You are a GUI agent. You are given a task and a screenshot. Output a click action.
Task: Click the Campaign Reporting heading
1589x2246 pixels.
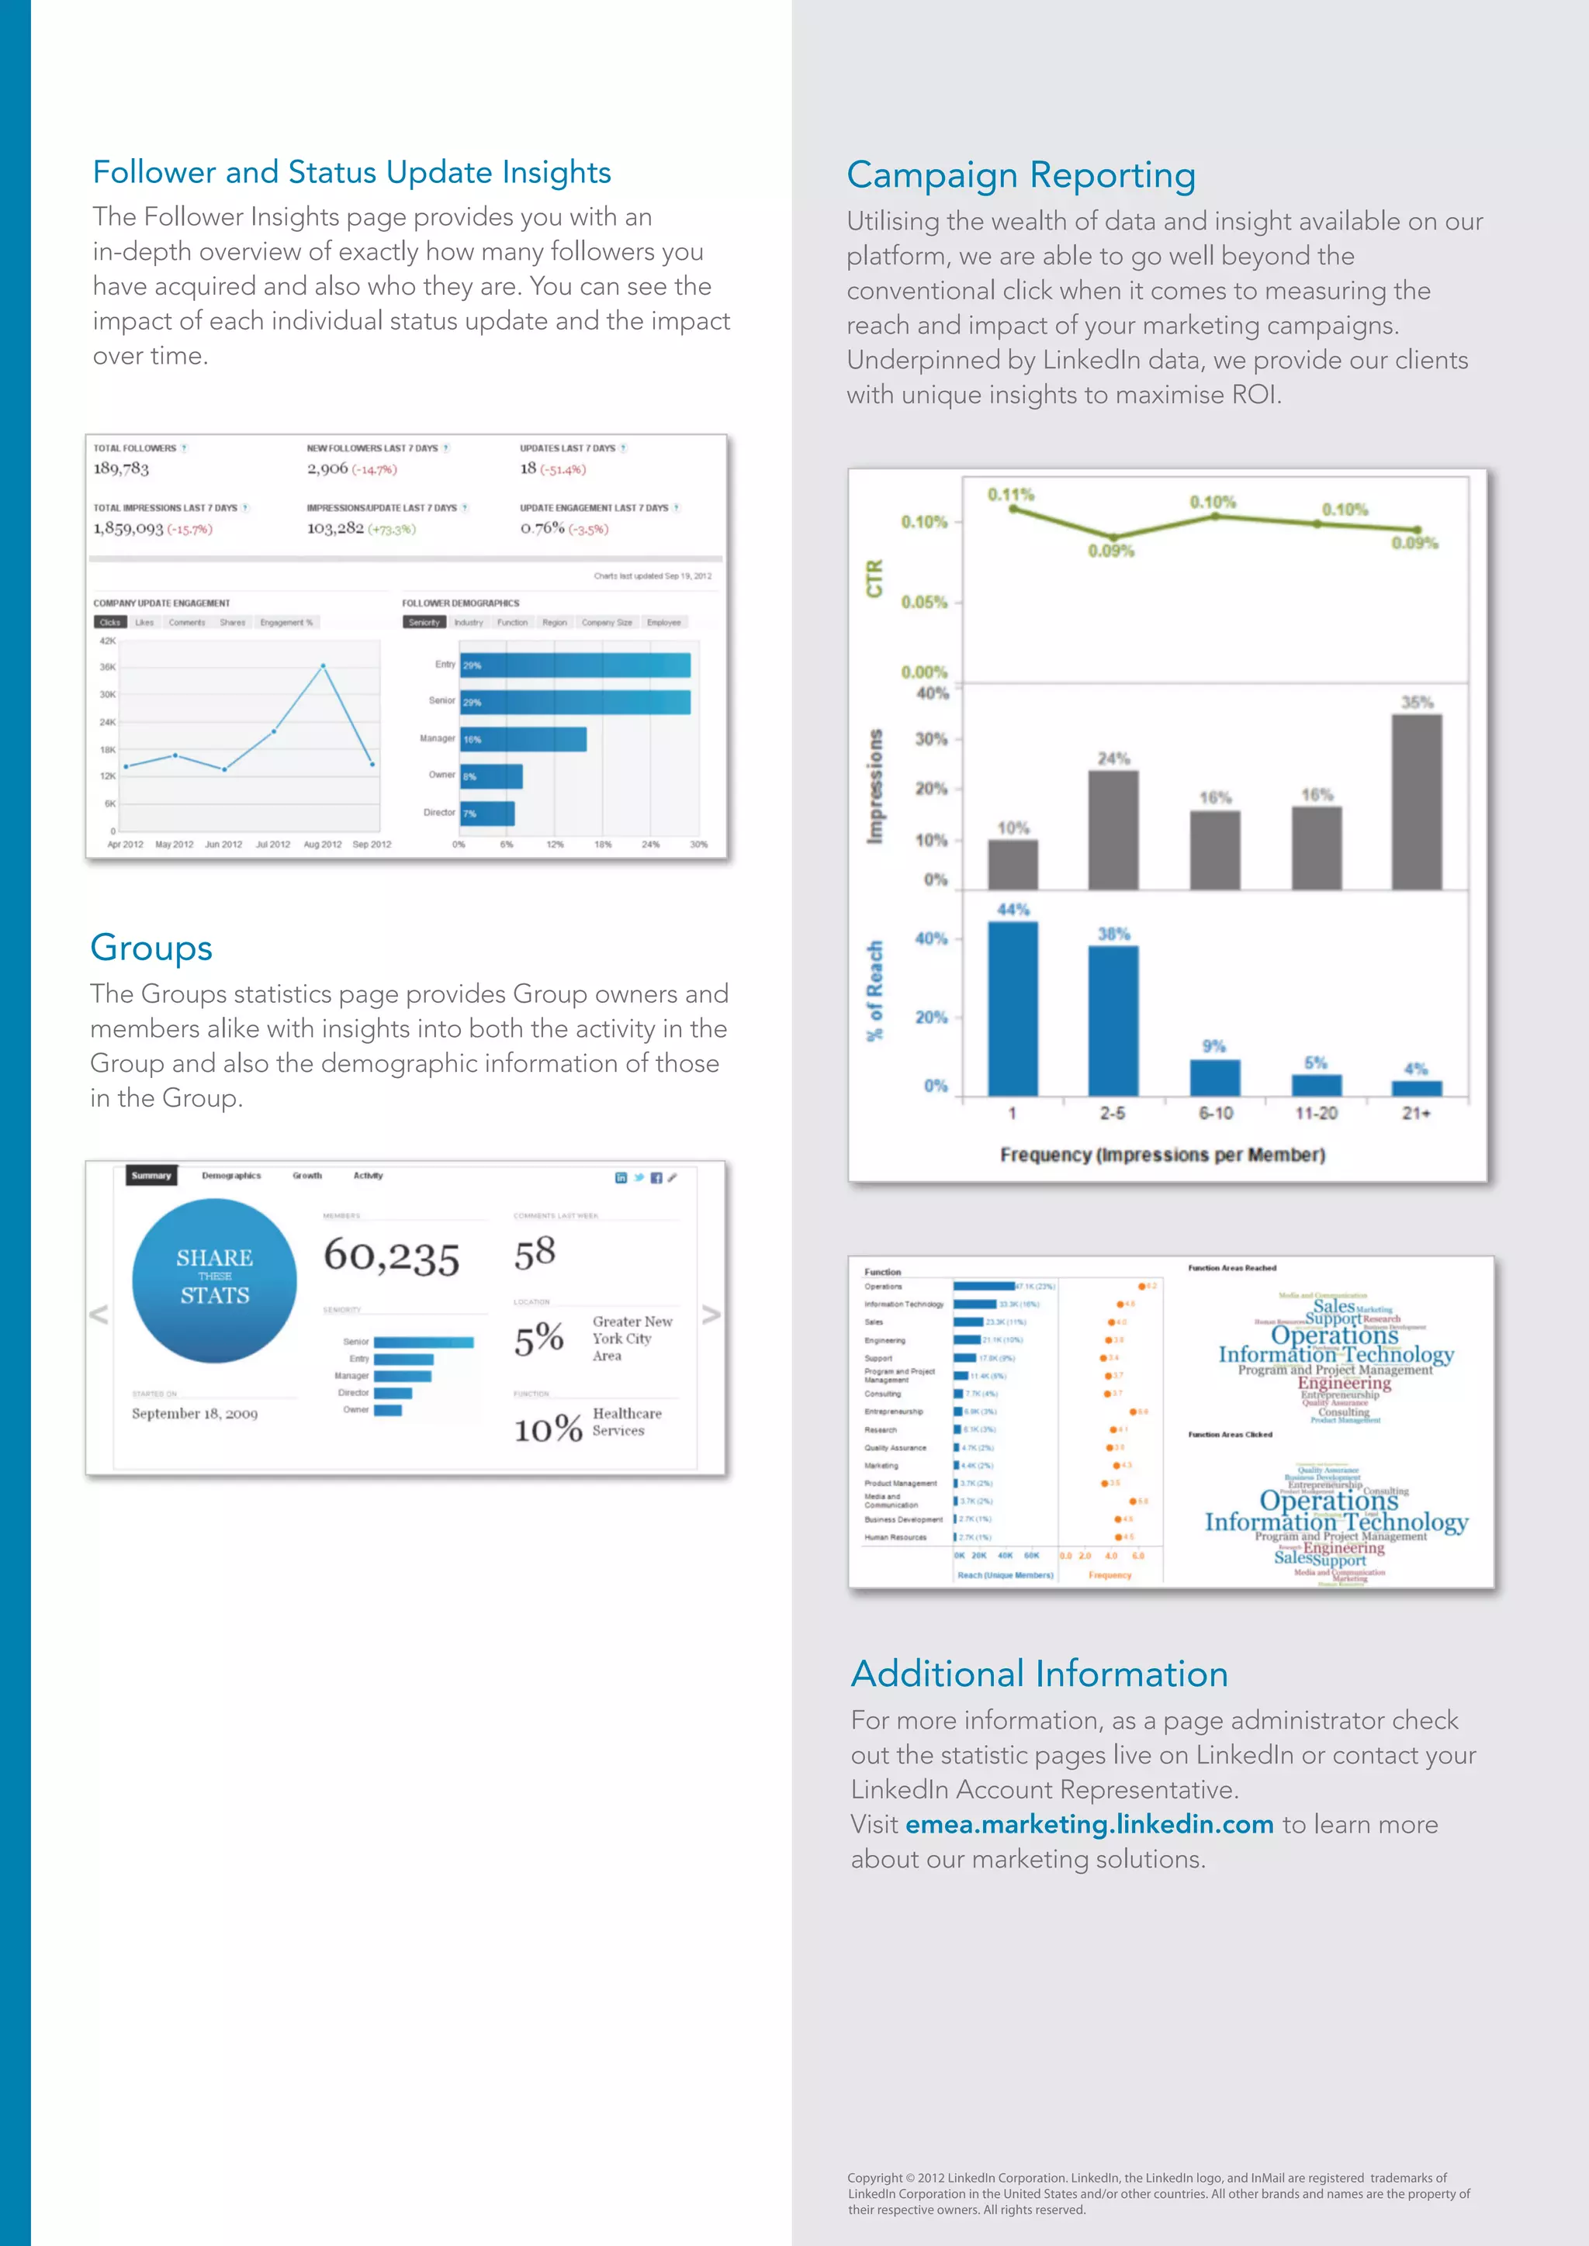1020,176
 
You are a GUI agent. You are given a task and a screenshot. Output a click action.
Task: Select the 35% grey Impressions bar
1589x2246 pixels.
1416,802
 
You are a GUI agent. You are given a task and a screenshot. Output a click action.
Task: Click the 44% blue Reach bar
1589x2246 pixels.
1013,1007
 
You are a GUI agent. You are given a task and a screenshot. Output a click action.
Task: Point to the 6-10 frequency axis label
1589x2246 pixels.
1215,1113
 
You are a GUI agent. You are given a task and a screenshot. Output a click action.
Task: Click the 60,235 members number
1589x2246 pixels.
391,1256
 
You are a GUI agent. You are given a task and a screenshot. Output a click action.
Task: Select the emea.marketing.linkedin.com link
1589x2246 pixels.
1089,1824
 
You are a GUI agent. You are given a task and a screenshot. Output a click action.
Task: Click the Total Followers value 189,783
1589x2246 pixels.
121,468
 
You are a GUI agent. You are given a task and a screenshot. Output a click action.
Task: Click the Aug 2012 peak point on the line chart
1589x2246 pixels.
323,666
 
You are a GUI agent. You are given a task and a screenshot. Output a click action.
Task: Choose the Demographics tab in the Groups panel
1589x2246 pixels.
231,1176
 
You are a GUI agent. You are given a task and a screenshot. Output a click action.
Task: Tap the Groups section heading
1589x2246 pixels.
151,948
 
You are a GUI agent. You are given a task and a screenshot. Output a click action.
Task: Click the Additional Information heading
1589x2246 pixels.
1039,1674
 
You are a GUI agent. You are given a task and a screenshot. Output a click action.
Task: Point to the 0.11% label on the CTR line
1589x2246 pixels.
1011,495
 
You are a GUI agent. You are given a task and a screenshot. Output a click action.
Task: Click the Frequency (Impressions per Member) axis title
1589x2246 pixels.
1162,1156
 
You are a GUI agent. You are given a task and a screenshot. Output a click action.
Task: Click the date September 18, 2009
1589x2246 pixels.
195,1414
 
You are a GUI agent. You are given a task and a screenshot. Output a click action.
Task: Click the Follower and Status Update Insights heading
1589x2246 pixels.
351,172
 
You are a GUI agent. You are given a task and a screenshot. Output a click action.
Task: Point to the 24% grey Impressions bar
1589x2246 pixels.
1113,830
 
